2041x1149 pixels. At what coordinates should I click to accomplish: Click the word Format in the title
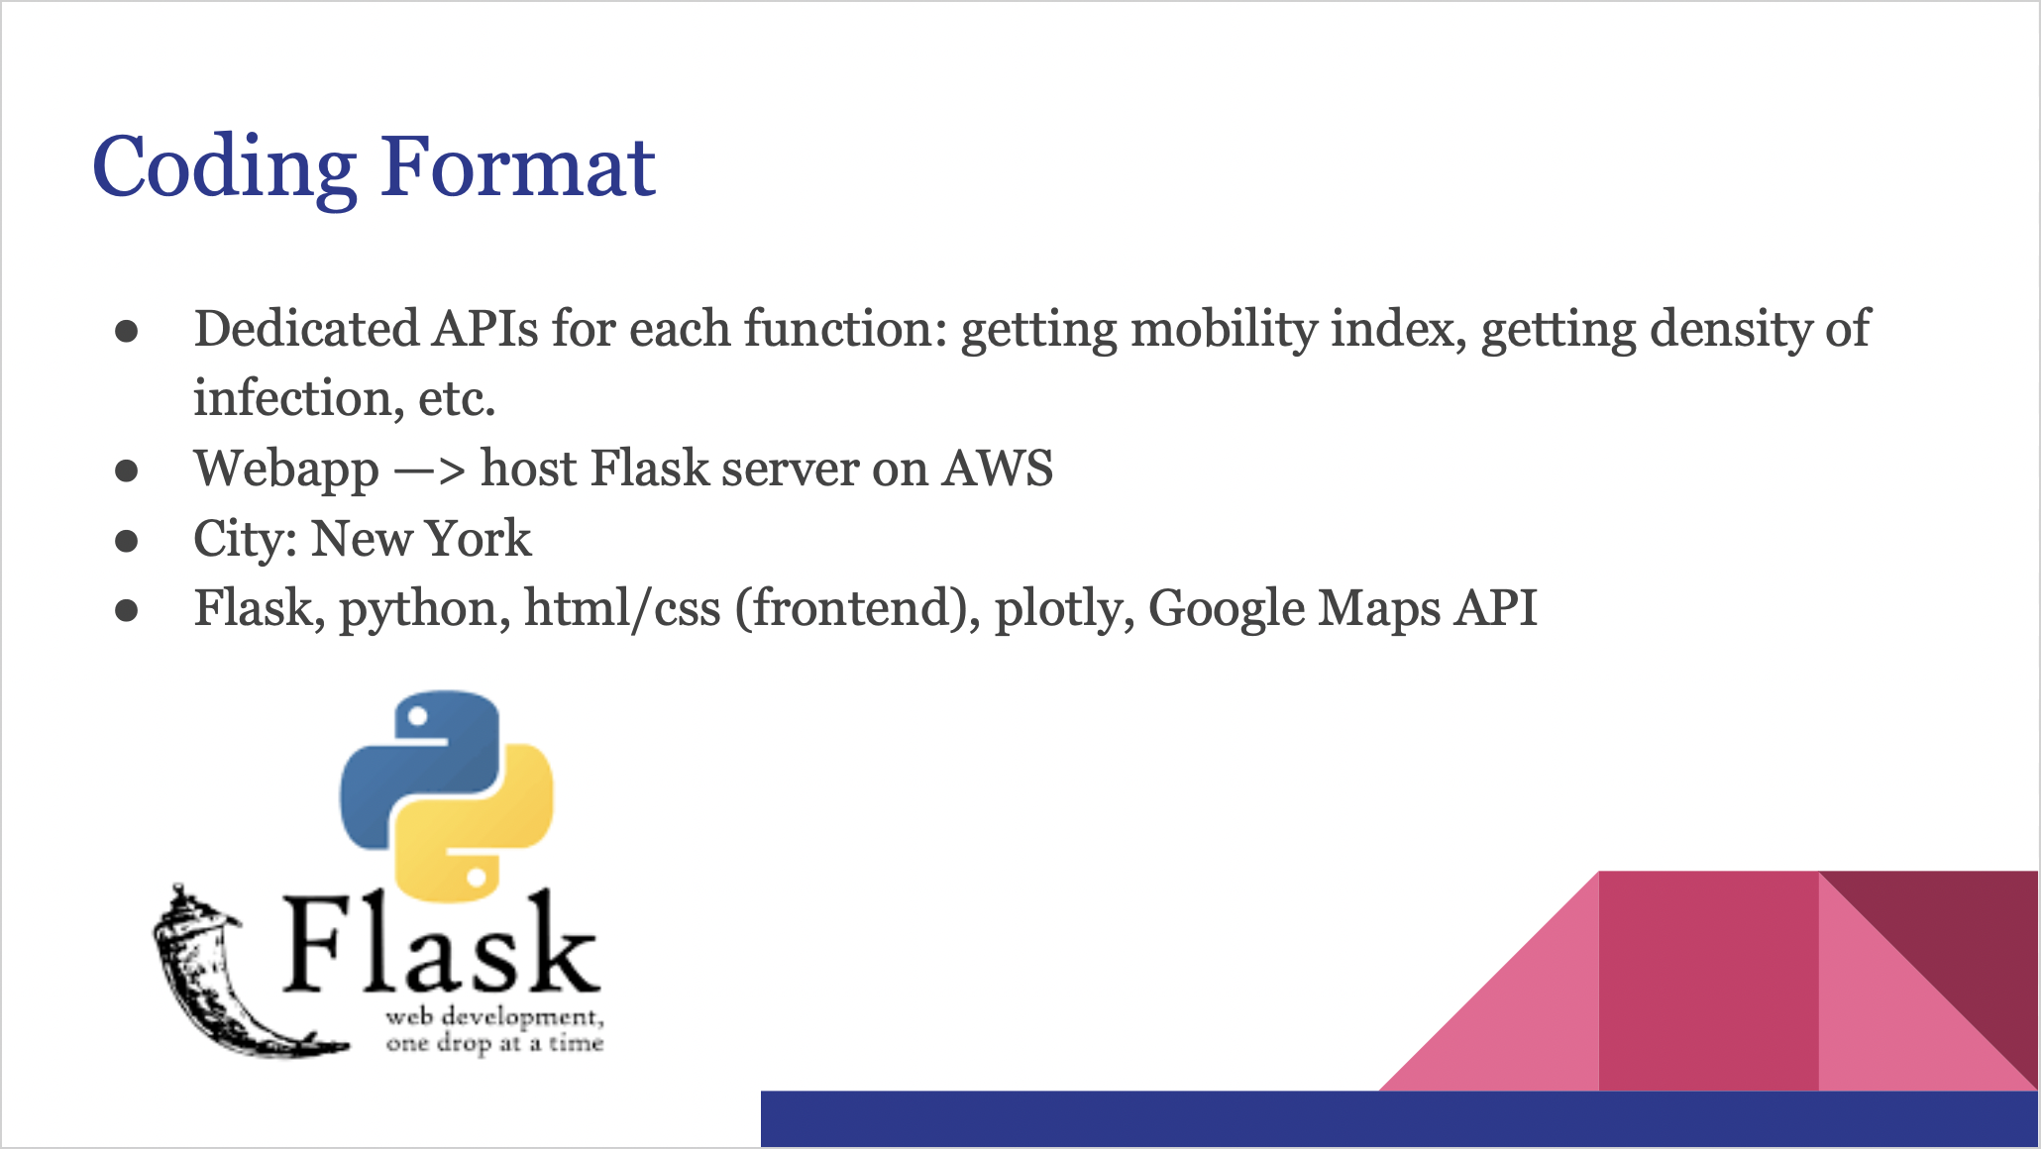[x=518, y=166]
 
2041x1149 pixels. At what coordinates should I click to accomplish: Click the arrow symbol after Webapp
[x=429, y=470]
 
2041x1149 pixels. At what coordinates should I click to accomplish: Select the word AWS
[x=998, y=469]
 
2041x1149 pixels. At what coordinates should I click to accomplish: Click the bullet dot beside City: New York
[x=126, y=541]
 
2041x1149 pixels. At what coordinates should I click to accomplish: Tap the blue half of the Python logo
[x=418, y=768]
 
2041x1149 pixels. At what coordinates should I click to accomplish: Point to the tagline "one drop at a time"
[x=494, y=1044]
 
